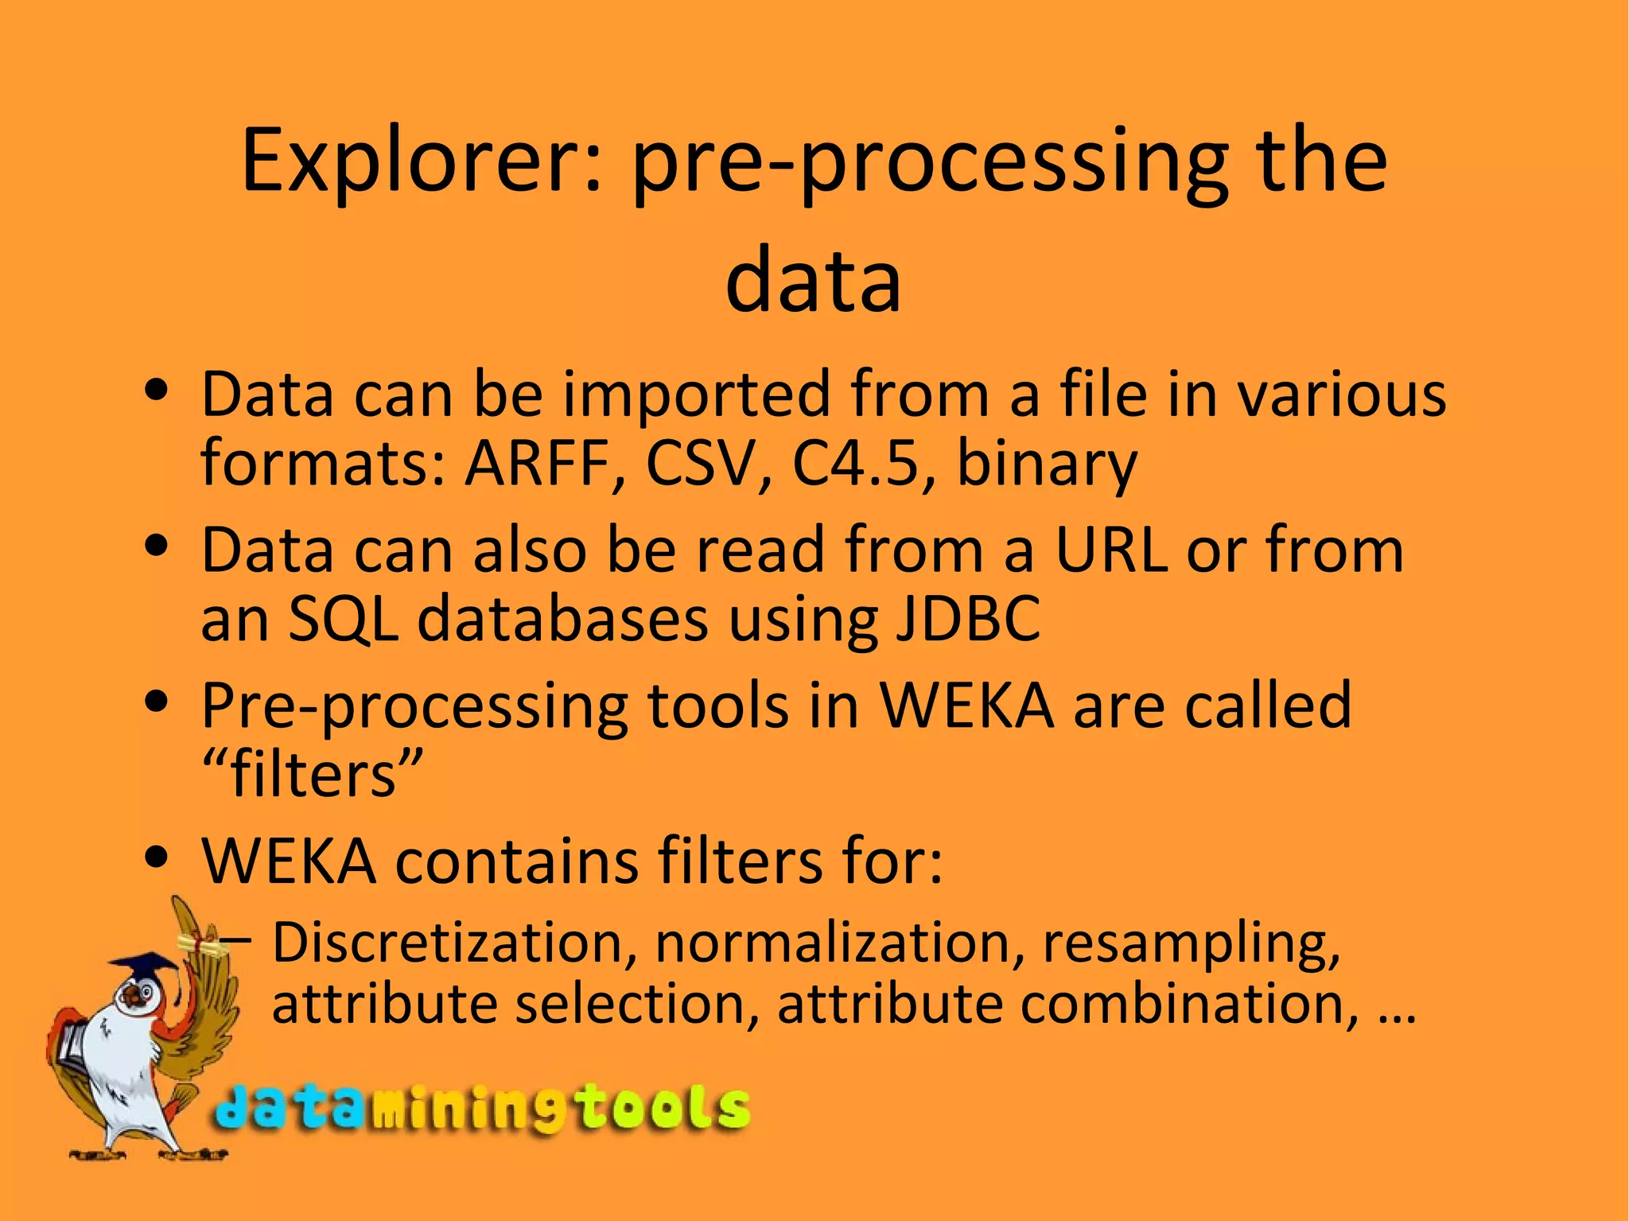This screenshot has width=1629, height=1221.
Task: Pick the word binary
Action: tap(1047, 465)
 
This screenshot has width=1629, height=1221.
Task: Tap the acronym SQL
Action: tap(342, 620)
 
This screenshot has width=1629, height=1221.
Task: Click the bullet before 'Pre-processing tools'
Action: tap(157, 702)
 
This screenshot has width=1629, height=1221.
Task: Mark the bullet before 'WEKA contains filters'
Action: tap(157, 858)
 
